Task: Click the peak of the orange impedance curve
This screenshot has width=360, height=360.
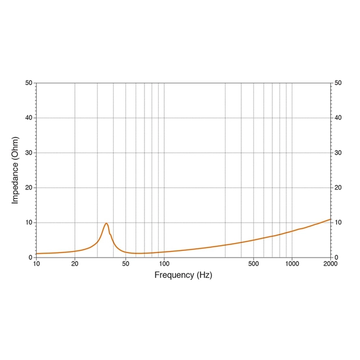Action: click(x=106, y=223)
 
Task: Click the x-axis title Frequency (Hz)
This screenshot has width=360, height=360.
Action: click(x=183, y=275)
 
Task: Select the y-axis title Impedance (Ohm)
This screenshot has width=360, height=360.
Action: click(x=16, y=170)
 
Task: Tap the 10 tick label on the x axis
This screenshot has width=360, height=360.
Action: click(x=37, y=264)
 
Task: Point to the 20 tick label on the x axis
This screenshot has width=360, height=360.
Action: click(x=75, y=264)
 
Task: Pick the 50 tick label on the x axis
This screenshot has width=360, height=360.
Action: click(x=125, y=264)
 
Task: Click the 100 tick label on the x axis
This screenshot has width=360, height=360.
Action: click(x=164, y=264)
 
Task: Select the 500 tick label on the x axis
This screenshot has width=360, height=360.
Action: click(x=254, y=264)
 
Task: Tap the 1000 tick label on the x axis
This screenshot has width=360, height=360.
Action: click(x=292, y=264)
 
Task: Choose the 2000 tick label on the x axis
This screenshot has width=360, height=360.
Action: click(x=330, y=264)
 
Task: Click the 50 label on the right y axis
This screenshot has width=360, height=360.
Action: click(x=338, y=83)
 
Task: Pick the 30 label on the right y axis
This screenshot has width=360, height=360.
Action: click(x=338, y=153)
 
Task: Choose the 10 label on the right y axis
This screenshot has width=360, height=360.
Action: click(x=338, y=223)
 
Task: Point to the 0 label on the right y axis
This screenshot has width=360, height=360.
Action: click(x=336, y=257)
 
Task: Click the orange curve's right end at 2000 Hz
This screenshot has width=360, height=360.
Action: click(x=330, y=219)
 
